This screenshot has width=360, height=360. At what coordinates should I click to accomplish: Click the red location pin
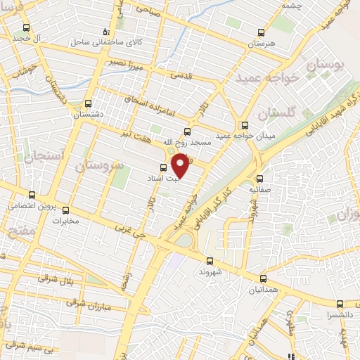[x=181, y=165]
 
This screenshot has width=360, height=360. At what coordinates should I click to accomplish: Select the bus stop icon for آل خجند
[x=27, y=27]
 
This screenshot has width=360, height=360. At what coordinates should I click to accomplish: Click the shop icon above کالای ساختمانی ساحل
[x=106, y=32]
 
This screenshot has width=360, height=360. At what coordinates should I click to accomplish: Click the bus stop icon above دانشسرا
[x=340, y=304]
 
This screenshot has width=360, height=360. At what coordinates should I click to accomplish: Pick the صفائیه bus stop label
[x=259, y=189]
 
